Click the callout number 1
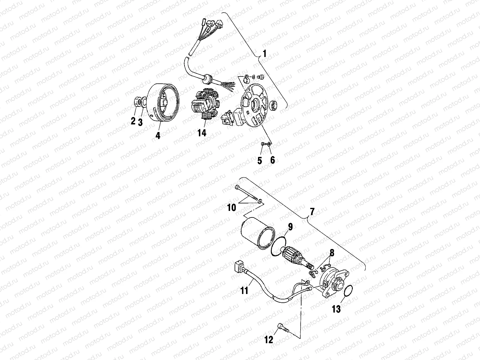264,54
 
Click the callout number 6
272,160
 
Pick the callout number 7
312,212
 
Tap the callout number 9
290,227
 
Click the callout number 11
245,290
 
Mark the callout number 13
337,309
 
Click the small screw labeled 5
262,144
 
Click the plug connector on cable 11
239,266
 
